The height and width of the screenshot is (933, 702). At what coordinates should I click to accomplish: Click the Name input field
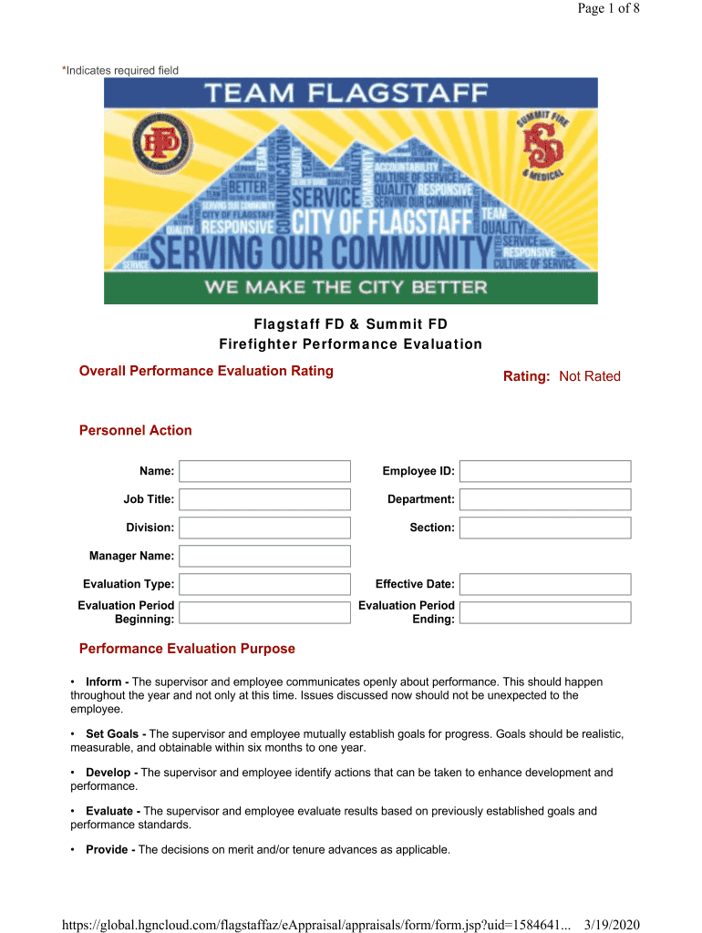click(x=264, y=471)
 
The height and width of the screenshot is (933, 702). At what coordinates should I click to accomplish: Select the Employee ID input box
click(x=544, y=471)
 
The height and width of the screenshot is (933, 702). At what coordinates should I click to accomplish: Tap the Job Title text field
click(x=264, y=499)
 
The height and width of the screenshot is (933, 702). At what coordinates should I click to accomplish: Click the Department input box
click(x=544, y=499)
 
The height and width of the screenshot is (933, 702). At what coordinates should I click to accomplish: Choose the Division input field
click(x=264, y=528)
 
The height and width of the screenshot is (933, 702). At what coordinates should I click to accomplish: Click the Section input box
click(x=544, y=528)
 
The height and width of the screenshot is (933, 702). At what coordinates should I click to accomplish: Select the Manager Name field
click(x=264, y=556)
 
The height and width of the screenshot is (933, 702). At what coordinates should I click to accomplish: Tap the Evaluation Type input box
click(x=264, y=584)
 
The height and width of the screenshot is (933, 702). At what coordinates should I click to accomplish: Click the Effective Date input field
click(x=544, y=584)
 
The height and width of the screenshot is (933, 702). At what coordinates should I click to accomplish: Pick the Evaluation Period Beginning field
click(x=264, y=612)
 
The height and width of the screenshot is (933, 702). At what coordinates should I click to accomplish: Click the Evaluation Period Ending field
click(x=544, y=612)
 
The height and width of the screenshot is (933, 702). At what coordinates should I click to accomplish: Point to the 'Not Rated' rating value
click(x=589, y=376)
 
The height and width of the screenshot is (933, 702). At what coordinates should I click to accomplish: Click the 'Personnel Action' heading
click(x=136, y=430)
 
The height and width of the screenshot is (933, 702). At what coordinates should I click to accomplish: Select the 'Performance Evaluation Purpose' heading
click(x=187, y=649)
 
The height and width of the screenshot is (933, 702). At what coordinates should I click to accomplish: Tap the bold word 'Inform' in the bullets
click(x=105, y=682)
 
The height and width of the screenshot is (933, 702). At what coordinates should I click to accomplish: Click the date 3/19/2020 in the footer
click(x=611, y=925)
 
